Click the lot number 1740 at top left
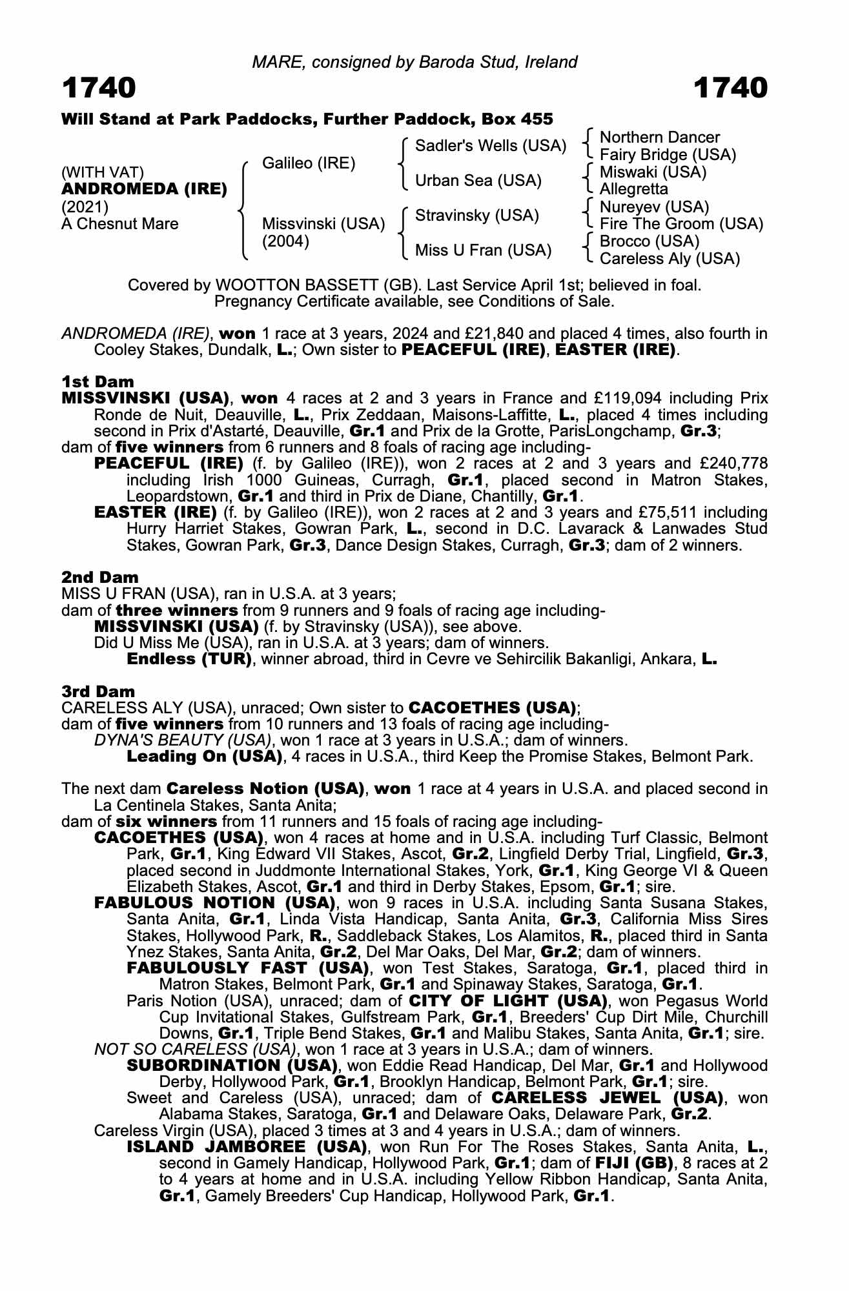click(x=99, y=88)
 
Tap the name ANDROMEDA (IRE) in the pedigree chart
click(x=144, y=189)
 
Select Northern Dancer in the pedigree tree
click(x=659, y=137)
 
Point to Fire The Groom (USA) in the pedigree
click(x=681, y=224)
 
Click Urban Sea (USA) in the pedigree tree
click(x=478, y=181)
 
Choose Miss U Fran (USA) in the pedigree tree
click(x=483, y=250)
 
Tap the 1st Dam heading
click(x=97, y=381)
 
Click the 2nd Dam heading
click(x=99, y=577)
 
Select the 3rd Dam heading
click(x=98, y=691)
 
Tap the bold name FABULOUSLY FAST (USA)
click(x=247, y=968)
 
